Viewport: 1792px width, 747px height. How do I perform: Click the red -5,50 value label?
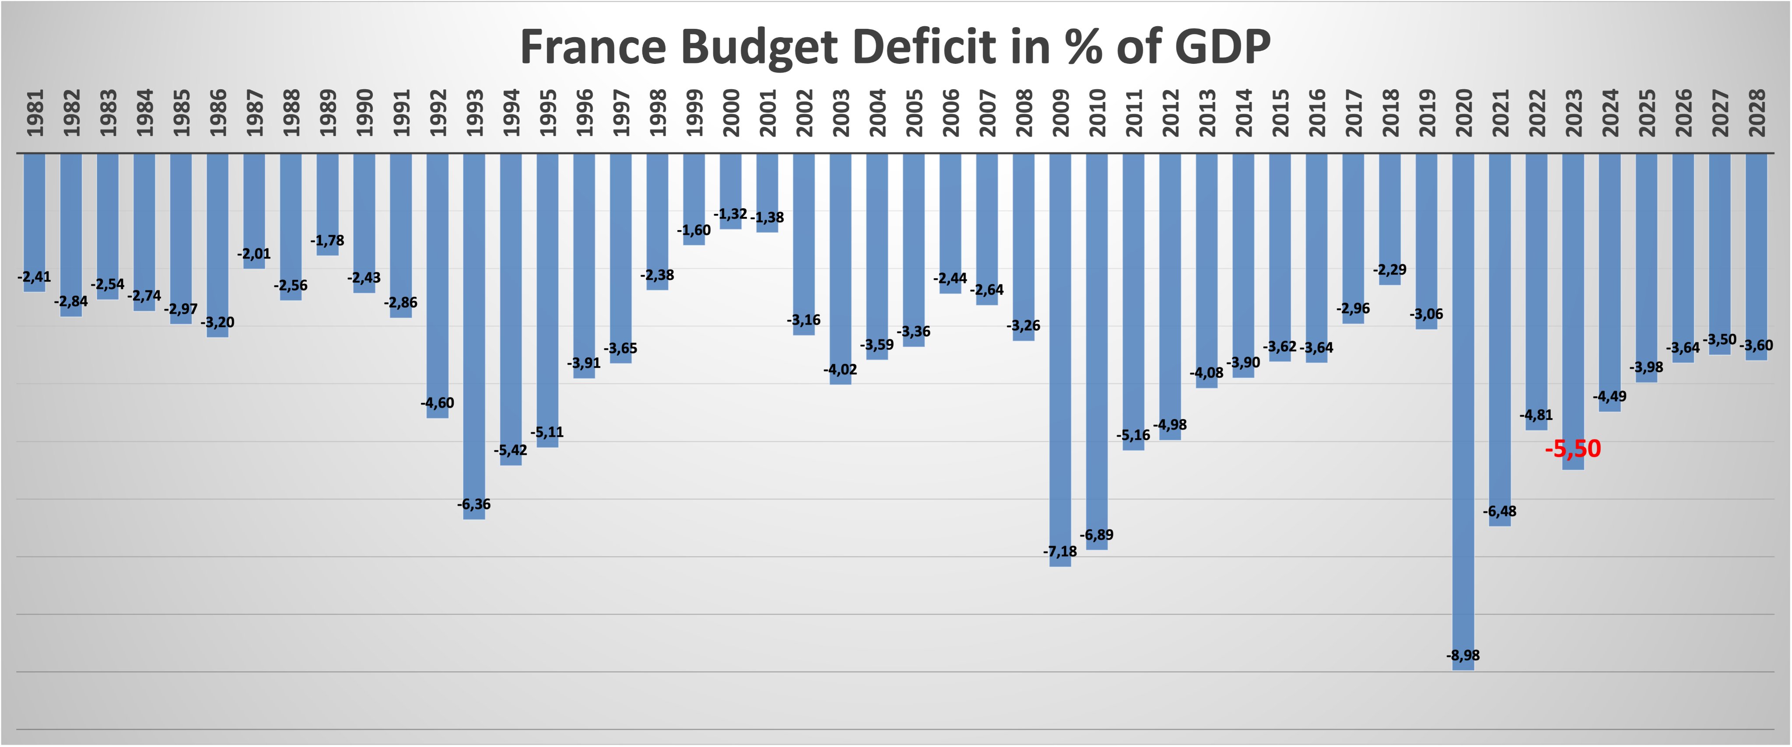(1572, 449)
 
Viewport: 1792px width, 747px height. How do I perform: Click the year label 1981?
(35, 113)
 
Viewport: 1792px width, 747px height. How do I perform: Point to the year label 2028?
(1757, 113)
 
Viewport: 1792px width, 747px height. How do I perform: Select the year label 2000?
(731, 113)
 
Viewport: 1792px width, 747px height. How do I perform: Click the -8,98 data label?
(1463, 655)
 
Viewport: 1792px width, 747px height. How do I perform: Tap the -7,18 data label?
(1060, 552)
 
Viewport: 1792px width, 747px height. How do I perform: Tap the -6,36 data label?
(474, 504)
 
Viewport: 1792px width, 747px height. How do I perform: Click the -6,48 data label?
(1499, 511)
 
